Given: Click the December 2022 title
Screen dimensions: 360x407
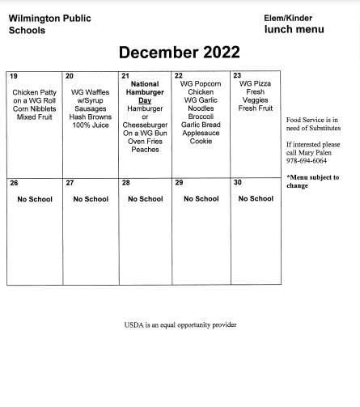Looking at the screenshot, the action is click(x=180, y=53).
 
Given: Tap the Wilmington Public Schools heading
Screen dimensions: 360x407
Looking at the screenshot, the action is click(x=49, y=24).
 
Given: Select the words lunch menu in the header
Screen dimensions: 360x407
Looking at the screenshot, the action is click(x=294, y=30).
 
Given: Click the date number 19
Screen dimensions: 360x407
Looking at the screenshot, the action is click(x=14, y=75).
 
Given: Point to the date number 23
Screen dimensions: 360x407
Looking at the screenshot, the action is click(x=237, y=75).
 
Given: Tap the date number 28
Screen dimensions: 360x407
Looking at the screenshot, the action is click(x=125, y=183).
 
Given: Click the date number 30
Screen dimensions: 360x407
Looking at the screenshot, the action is click(x=237, y=183).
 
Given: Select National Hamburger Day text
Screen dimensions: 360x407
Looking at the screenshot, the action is click(x=145, y=92).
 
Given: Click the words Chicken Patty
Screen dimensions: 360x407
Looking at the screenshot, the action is click(x=34, y=92).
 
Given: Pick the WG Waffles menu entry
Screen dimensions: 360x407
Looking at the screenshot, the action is click(x=90, y=92).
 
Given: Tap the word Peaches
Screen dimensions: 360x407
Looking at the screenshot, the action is click(x=145, y=150).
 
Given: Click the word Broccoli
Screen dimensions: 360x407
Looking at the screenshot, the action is click(x=201, y=117).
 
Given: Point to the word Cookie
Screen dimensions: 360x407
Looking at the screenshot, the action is click(x=201, y=142).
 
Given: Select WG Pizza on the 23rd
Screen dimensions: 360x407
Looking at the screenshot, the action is click(x=256, y=83).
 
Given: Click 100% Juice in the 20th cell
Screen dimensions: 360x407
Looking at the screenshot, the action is click(x=90, y=125).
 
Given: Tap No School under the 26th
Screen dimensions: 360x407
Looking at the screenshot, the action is click(x=34, y=199).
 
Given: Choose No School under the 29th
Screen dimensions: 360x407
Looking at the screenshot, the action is click(x=201, y=199).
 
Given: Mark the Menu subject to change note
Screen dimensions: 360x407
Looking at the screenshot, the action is click(x=312, y=181).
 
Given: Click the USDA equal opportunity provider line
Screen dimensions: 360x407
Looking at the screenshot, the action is click(x=180, y=324).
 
